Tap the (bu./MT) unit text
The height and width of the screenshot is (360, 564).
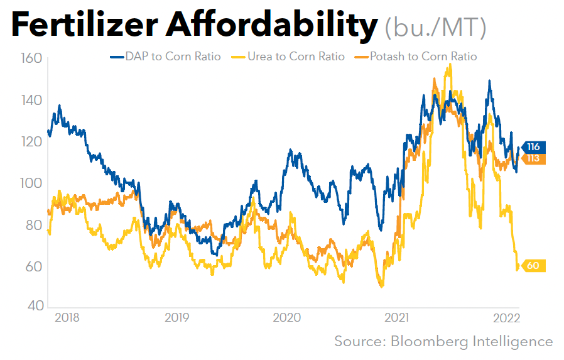(x=435, y=26)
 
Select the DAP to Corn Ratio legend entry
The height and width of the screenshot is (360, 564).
(x=166, y=57)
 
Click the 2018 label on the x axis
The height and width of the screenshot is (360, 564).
(x=67, y=317)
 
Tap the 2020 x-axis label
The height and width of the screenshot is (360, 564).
(x=286, y=317)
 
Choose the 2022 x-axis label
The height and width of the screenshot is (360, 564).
(x=506, y=317)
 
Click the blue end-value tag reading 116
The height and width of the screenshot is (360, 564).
(x=533, y=146)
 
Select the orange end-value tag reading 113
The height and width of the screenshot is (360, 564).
(x=533, y=158)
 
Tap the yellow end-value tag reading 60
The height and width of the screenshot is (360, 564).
(x=533, y=266)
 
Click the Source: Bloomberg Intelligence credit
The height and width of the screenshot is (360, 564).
(x=443, y=342)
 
